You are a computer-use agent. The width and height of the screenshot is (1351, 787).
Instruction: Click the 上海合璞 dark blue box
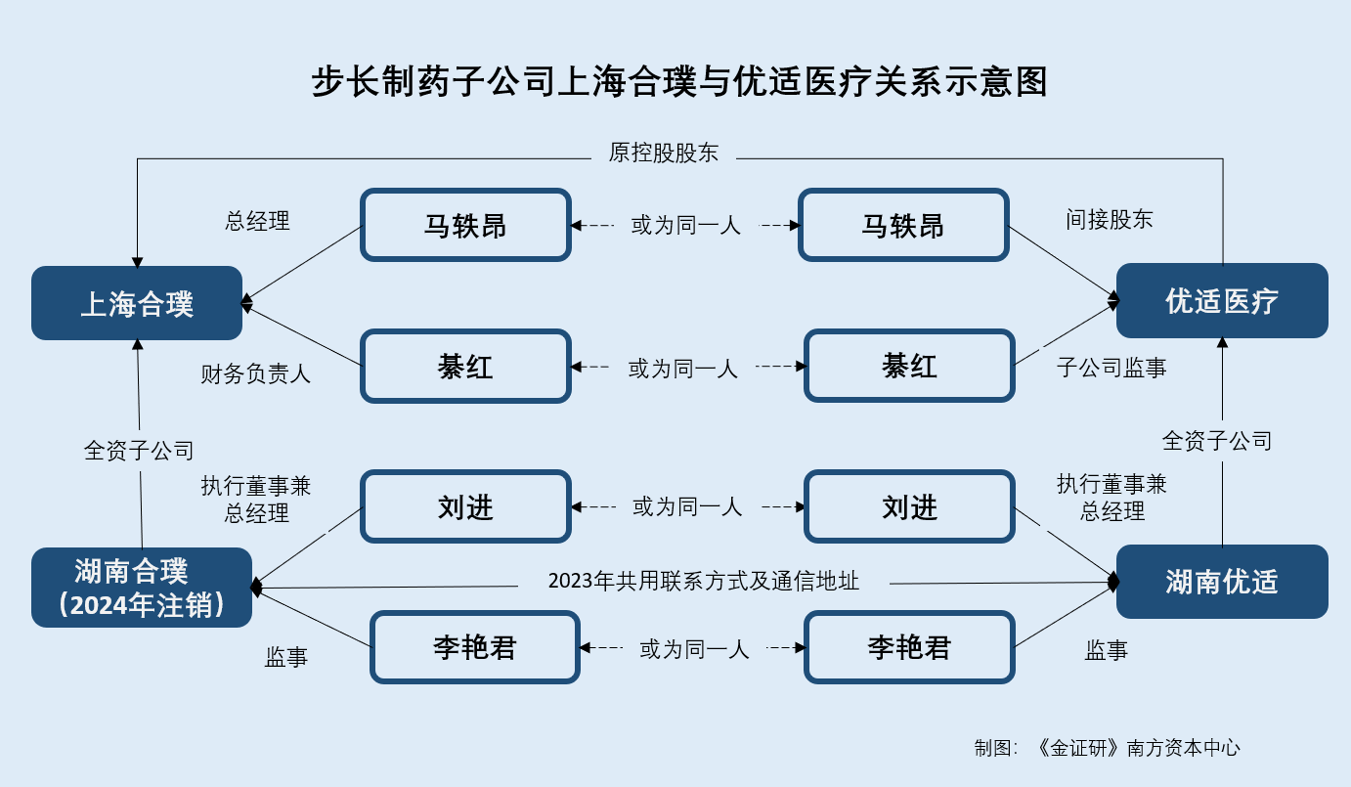[137, 303]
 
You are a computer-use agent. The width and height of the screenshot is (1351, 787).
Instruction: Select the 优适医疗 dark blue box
[1222, 300]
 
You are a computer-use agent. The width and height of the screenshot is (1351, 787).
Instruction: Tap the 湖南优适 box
[1222, 582]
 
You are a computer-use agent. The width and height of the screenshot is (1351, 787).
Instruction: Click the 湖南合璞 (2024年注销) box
[142, 588]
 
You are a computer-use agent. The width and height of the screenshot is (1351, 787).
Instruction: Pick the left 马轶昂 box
[465, 225]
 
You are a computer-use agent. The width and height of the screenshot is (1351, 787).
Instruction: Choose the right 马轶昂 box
[903, 225]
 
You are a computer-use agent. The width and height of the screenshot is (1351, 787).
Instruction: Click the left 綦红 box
[465, 366]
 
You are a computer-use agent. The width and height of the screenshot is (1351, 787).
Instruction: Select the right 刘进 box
[909, 506]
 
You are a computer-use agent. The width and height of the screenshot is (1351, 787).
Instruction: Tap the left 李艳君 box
[475, 647]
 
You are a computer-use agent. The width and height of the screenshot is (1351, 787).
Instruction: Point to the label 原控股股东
[664, 153]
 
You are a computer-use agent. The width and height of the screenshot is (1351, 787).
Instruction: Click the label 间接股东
[1110, 220]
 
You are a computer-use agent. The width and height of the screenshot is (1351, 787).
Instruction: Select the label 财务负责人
[256, 373]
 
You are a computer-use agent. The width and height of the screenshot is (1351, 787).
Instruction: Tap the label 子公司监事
[1111, 368]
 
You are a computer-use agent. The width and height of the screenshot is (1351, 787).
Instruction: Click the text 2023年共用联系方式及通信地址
[703, 581]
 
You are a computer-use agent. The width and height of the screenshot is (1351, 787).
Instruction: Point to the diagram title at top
[679, 81]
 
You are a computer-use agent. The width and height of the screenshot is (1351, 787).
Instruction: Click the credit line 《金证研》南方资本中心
[1136, 748]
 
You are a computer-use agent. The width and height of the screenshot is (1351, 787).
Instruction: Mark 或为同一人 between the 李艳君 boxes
[694, 649]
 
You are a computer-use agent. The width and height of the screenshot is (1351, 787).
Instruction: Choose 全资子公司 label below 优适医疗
[1217, 441]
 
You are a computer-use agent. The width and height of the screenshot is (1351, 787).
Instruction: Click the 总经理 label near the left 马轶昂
[257, 221]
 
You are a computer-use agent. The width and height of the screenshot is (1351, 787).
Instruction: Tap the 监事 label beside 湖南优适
[1107, 650]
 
